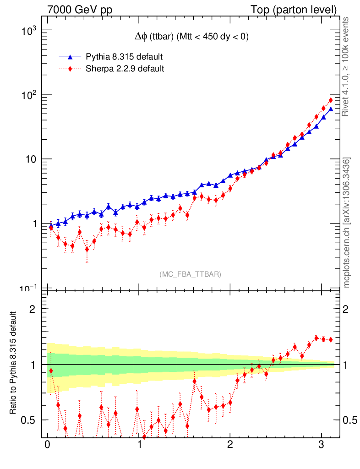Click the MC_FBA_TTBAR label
point(191,274)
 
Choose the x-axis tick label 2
point(230,445)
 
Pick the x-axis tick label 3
point(322,445)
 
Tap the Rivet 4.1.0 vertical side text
point(347,67)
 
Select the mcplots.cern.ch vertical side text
point(347,223)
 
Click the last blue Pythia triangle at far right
point(330,109)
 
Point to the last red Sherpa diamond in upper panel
point(330,100)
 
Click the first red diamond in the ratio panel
point(51,371)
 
